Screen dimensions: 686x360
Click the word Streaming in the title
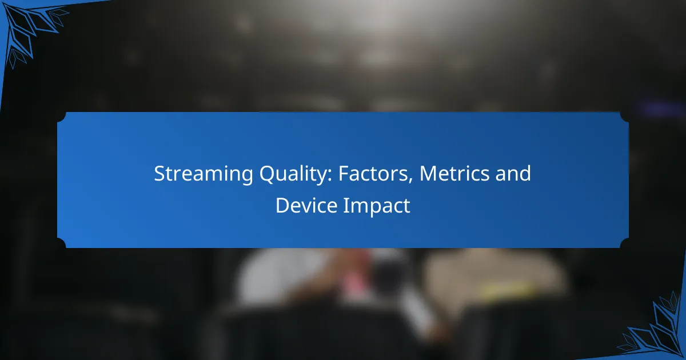tap(204, 174)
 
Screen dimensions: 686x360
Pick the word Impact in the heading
tap(377, 206)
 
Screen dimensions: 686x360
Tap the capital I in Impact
tap(345, 205)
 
